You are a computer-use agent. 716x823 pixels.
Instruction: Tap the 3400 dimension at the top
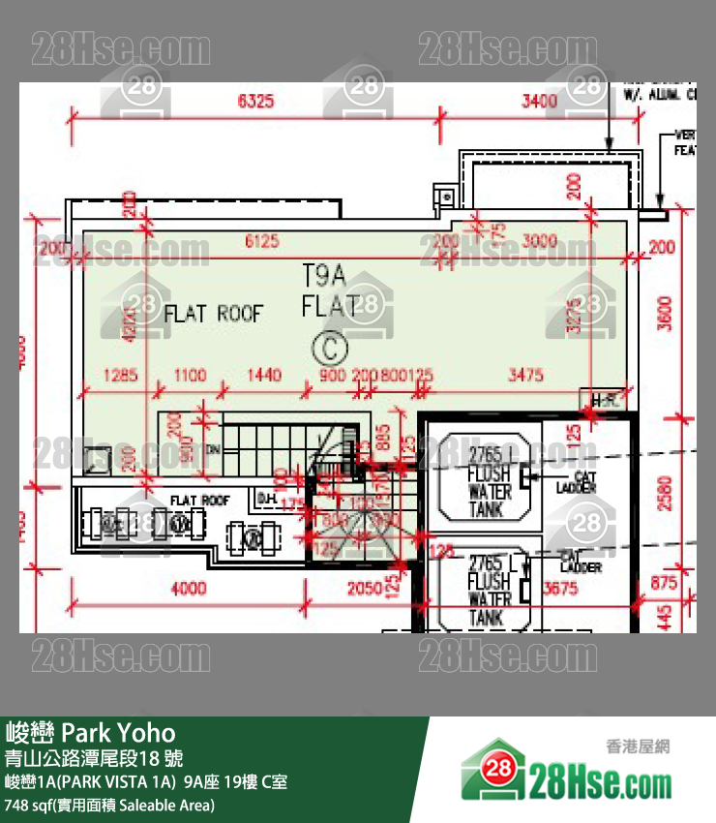coord(539,100)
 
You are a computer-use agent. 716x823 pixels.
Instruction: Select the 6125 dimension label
coord(262,241)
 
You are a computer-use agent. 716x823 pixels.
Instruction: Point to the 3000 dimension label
coord(539,241)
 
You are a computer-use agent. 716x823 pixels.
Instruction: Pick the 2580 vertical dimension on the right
coord(663,493)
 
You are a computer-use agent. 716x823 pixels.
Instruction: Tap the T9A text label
coord(324,275)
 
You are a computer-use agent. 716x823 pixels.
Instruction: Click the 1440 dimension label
coord(263,375)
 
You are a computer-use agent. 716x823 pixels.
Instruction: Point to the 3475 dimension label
coord(525,375)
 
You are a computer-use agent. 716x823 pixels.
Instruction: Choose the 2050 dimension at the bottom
coord(365,588)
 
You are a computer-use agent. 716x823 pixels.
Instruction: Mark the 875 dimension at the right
coord(663,582)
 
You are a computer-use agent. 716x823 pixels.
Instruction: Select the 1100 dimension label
coord(190,375)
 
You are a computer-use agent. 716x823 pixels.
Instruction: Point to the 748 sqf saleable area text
coord(109,805)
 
